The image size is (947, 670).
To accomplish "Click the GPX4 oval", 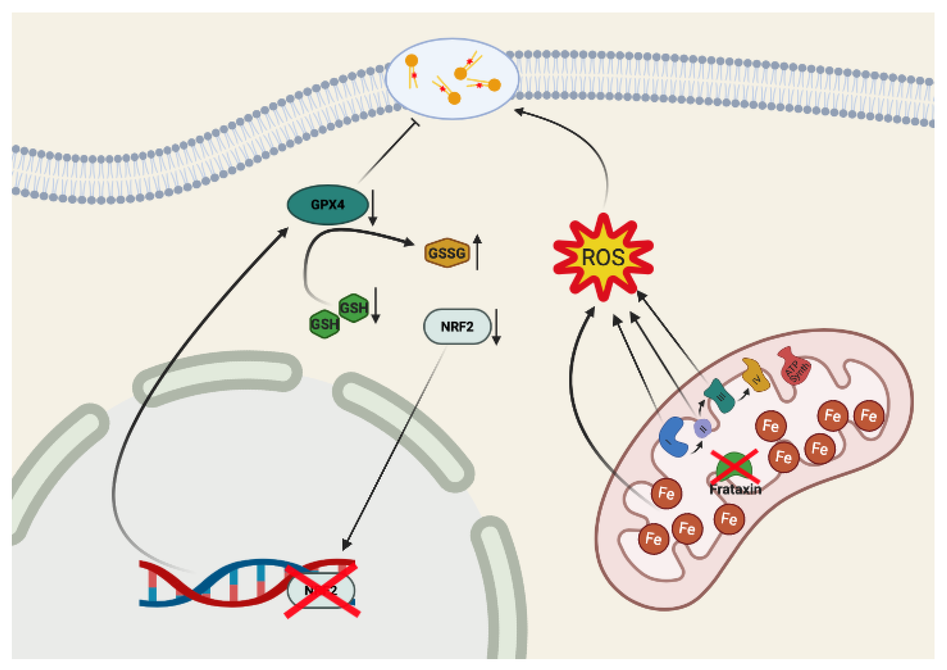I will [x=327, y=204].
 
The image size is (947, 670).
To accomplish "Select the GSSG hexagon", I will [x=447, y=253].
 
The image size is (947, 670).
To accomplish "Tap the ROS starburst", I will [x=603, y=257].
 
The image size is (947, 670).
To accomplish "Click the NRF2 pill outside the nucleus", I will [x=457, y=327].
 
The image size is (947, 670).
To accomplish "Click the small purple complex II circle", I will [x=702, y=428].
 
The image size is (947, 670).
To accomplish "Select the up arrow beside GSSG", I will [x=477, y=252].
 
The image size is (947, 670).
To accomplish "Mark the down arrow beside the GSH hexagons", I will [x=376, y=305].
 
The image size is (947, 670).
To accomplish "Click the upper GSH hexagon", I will [x=353, y=308].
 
